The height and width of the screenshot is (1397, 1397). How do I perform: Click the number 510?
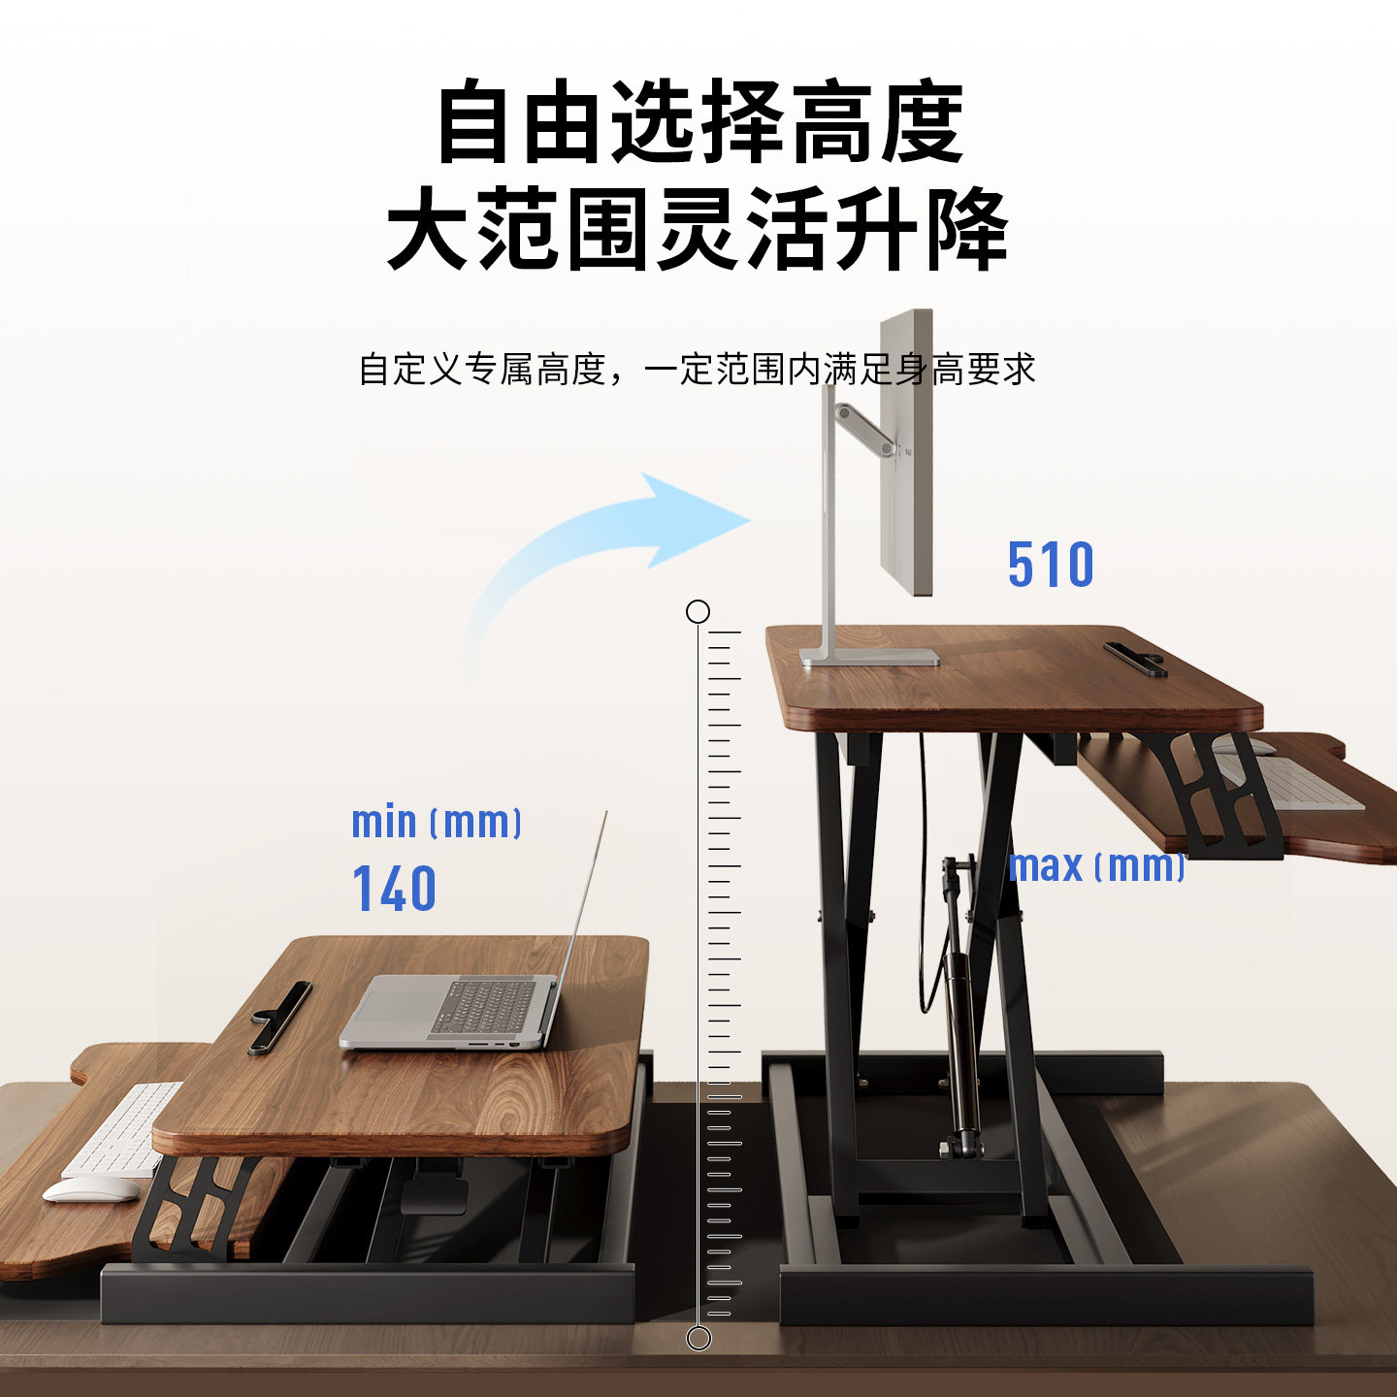[x=1051, y=565]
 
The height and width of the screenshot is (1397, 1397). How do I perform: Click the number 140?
[x=394, y=889]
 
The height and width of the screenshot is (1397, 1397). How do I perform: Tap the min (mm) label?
[x=437, y=823]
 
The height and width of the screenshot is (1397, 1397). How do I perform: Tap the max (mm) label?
[x=1097, y=865]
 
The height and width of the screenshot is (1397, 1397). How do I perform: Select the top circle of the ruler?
[x=698, y=611]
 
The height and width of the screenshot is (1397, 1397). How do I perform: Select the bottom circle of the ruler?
[x=698, y=1339]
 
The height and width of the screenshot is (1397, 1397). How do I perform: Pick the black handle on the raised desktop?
[x=1135, y=658]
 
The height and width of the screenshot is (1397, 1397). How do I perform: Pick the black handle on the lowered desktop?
[x=280, y=1016]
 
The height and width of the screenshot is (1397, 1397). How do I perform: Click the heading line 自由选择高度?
[x=699, y=124]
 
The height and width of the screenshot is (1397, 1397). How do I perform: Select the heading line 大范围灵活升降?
[x=698, y=231]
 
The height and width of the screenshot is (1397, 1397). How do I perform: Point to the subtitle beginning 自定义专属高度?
[x=698, y=369]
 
